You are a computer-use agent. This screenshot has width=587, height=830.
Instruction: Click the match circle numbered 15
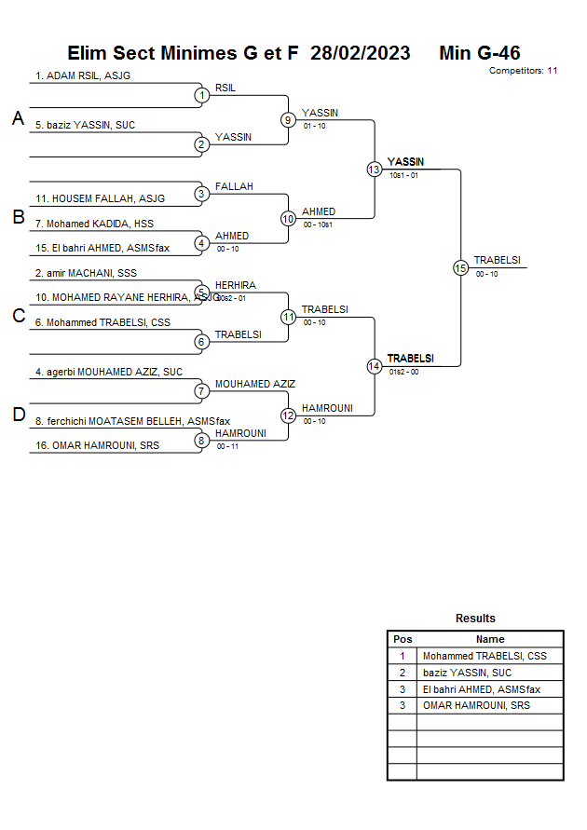pos(460,267)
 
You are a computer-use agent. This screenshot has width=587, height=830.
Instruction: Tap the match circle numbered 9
pos(289,120)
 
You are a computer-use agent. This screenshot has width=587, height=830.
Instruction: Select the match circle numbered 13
pos(375,170)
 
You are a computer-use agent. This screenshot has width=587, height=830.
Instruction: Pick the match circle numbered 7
pos(202,391)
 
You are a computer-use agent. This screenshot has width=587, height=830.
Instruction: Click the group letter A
pos(18,119)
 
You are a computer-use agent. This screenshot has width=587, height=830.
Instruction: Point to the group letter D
pos(18,415)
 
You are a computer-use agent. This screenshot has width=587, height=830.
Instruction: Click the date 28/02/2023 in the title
pos(361,53)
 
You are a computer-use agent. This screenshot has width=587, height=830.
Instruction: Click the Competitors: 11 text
pos(524,71)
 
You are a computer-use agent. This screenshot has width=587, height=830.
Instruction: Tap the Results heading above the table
pos(475,619)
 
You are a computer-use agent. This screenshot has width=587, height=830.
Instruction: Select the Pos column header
pos(403,639)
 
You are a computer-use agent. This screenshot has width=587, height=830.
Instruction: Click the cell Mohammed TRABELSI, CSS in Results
pos(485,656)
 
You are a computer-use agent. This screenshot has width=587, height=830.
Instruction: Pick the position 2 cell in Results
pos(403,673)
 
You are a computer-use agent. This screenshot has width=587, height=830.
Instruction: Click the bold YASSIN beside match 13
pos(405,162)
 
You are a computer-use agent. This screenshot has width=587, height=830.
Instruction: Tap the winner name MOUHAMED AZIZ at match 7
pos(255,384)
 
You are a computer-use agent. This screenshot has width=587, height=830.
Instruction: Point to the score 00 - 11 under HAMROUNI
pos(227,447)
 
